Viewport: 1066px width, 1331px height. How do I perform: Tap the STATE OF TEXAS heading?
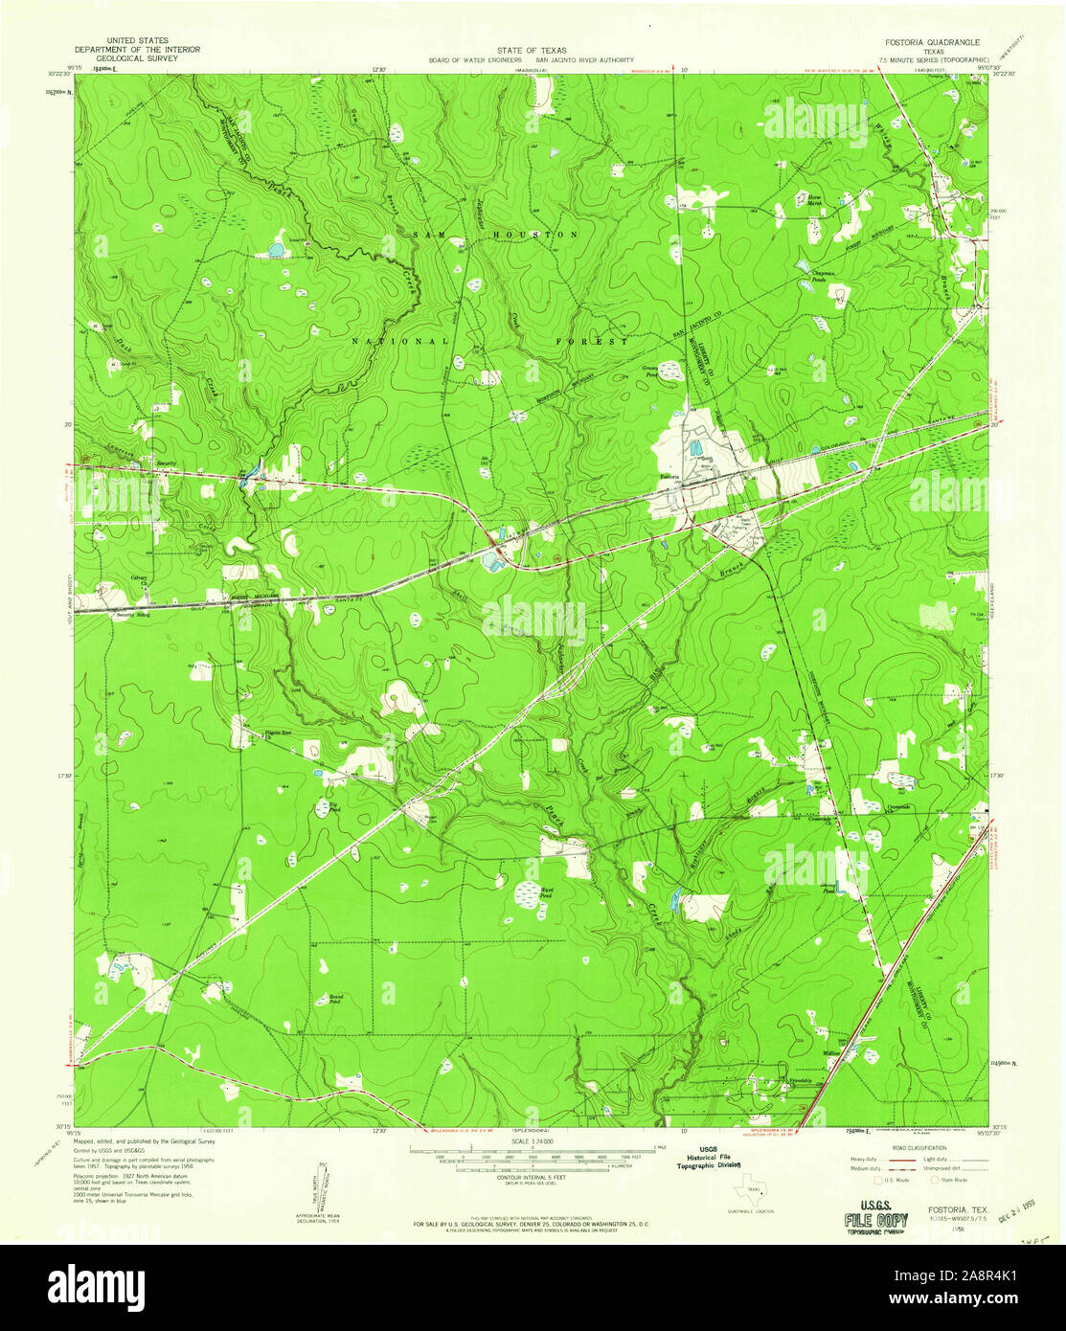pos(532,50)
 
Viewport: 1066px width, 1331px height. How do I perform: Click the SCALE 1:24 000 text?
pos(533,1140)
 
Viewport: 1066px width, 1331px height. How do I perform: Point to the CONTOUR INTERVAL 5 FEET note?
pos(532,1179)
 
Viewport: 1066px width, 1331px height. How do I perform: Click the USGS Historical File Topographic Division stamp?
pos(709,1158)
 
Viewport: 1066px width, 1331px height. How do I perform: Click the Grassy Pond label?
pos(654,371)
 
